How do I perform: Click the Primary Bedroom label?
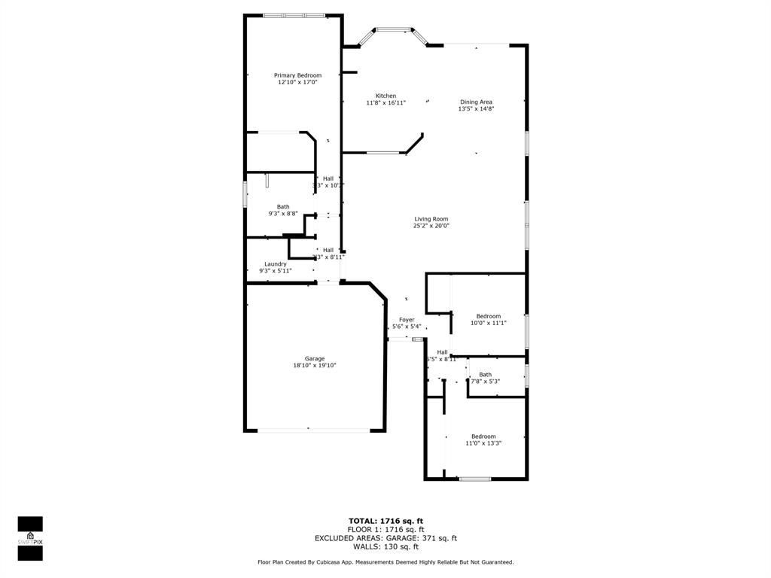tap(297, 75)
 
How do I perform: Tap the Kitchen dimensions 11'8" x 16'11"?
tap(385, 103)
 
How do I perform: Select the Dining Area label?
tap(476, 102)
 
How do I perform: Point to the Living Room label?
tap(431, 219)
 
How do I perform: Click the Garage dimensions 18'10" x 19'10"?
tap(315, 366)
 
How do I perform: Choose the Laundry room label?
tap(275, 264)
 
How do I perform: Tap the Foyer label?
tap(407, 320)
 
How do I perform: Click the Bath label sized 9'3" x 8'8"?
tap(283, 207)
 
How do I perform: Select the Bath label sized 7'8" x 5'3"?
tap(485, 375)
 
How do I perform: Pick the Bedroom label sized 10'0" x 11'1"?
tap(488, 316)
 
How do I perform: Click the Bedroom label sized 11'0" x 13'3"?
tap(483, 437)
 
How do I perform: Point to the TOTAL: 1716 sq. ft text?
tap(385, 521)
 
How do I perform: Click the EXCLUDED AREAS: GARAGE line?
tap(385, 538)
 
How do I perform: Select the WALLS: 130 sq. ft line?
tap(385, 547)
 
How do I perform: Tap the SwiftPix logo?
tap(30, 538)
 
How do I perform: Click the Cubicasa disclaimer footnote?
tap(385, 562)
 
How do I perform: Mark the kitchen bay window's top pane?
tap(393, 30)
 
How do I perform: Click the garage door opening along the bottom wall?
tap(315, 430)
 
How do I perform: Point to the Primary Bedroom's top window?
tap(294, 15)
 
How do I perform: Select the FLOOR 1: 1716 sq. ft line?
tap(385, 530)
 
